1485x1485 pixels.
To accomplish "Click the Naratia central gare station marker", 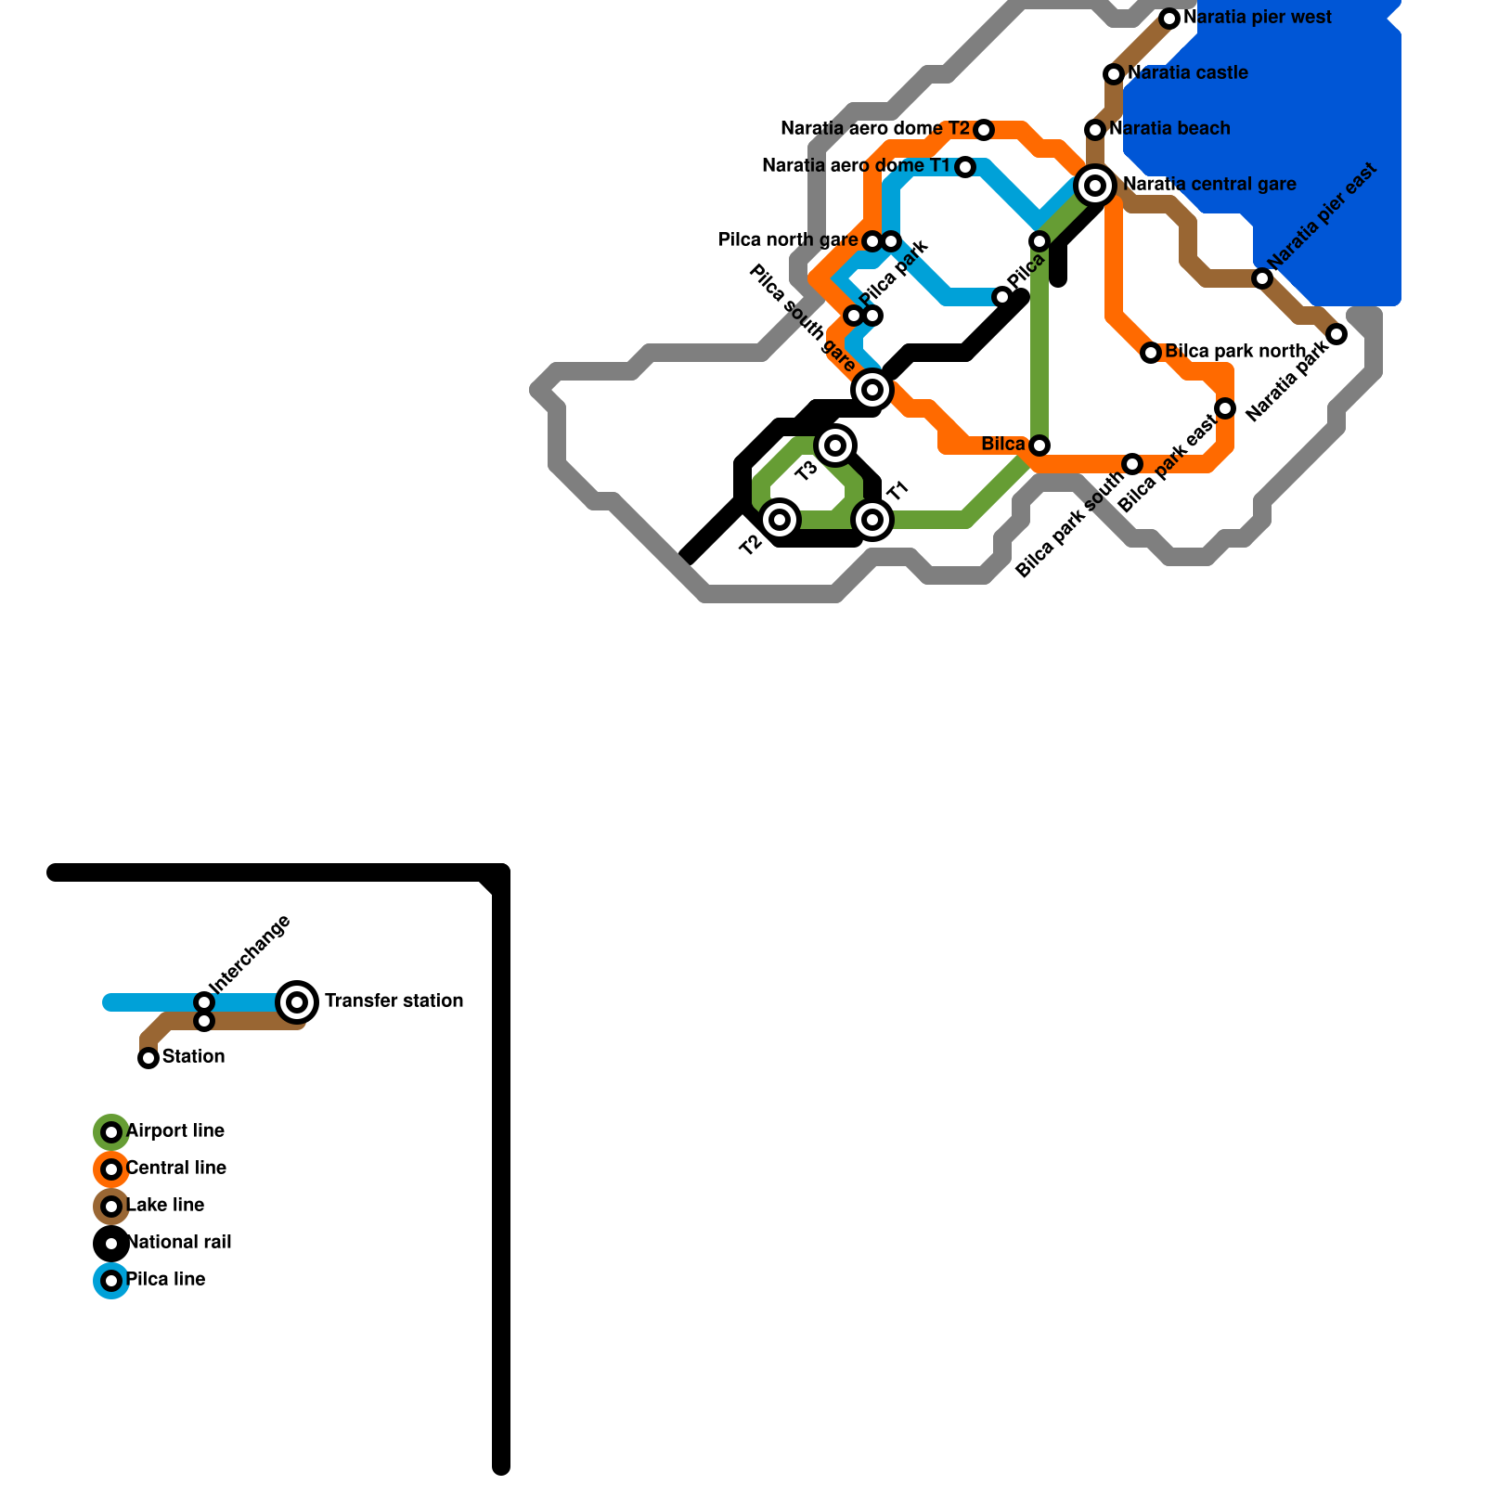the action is click(x=1095, y=186).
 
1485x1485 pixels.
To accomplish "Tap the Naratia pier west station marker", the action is click(x=1169, y=19).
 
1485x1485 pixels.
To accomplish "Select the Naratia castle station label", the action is click(x=1188, y=73).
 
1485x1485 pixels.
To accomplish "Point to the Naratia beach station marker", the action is click(x=1095, y=130).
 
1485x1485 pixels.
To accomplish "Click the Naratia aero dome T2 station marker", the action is click(x=984, y=130).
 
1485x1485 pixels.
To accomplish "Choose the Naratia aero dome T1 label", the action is click(x=856, y=166).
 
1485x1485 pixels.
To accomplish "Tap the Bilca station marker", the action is click(x=1039, y=445).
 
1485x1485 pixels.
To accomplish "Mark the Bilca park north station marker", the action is click(x=1151, y=353).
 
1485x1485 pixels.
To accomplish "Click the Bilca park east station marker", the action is click(x=1225, y=408).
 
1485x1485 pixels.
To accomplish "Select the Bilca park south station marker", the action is click(x=1132, y=464).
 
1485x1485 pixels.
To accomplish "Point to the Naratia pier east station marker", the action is click(x=1262, y=278).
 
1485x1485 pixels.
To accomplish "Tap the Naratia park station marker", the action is click(x=1336, y=334).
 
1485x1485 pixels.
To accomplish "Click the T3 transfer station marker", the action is click(x=835, y=445).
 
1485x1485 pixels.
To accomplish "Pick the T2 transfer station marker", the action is click(x=780, y=520).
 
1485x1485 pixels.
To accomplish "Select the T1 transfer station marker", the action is click(x=872, y=520).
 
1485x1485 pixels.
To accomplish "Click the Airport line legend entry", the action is click(x=174, y=1131).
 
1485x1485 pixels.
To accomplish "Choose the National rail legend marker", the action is click(x=111, y=1244).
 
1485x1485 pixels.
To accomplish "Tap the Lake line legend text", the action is click(x=164, y=1206).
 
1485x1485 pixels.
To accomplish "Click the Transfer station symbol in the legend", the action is click(x=297, y=1002).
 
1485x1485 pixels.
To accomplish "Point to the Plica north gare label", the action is click(x=788, y=240).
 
